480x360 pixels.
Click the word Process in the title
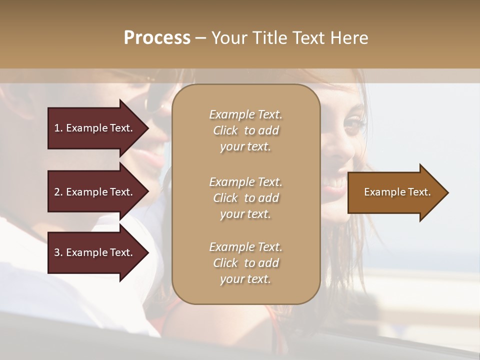[x=157, y=37]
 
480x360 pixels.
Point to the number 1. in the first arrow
[x=58, y=128]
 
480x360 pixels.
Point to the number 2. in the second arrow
[x=58, y=192]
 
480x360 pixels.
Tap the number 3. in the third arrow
[x=58, y=252]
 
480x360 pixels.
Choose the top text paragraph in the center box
[x=245, y=130]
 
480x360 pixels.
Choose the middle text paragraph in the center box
[x=245, y=198]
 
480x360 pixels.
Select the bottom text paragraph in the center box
[x=245, y=263]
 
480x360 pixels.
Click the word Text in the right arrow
[x=419, y=192]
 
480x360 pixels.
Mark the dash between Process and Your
[x=200, y=38]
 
